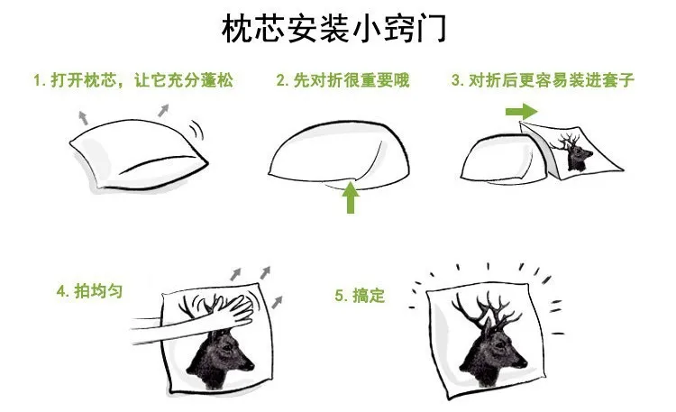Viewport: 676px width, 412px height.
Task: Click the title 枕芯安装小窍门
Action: pos(333,30)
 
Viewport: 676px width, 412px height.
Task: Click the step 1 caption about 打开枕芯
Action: pos(133,80)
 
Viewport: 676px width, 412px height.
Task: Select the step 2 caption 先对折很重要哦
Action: pos(343,80)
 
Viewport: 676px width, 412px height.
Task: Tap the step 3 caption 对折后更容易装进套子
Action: pos(544,80)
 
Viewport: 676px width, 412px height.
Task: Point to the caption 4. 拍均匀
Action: pos(89,291)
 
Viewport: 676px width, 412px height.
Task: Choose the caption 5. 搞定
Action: pos(360,296)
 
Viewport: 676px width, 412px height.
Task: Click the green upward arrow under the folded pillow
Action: pos(351,197)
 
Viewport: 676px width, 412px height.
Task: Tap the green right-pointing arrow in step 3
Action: pos(522,112)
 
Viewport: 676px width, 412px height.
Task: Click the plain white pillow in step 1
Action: pos(139,154)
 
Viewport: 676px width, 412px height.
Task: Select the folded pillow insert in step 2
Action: pos(339,156)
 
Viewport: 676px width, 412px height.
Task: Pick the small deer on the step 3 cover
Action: pos(571,151)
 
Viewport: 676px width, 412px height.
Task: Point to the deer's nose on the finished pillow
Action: pos(523,362)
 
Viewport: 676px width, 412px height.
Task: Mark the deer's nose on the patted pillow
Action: pos(250,366)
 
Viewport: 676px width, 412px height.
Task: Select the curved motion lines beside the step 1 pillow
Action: pos(196,130)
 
